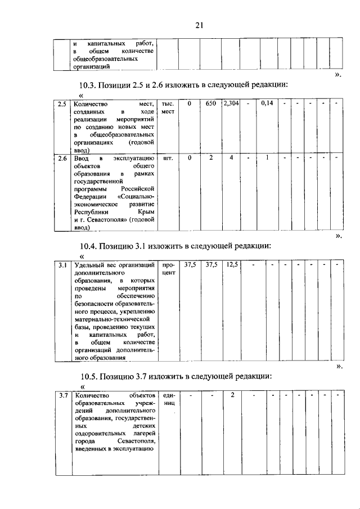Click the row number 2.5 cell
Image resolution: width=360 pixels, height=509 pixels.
[62, 104]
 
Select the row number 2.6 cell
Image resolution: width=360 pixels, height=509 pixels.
[62, 159]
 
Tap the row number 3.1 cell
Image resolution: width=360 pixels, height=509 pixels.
[62, 264]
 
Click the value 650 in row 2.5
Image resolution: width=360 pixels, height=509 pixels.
[211, 104]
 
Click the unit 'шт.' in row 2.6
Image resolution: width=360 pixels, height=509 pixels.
[167, 159]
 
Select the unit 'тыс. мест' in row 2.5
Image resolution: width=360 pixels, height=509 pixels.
[168, 108]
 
